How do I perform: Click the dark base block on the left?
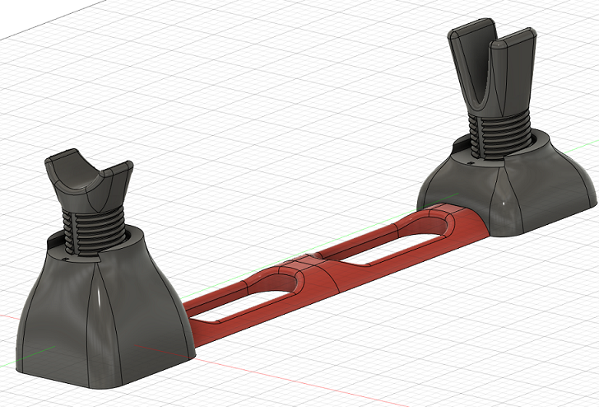pyautogui.click(x=107, y=321)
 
